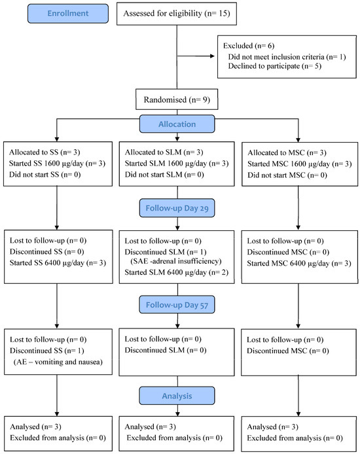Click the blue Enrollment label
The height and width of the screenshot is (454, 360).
click(68, 13)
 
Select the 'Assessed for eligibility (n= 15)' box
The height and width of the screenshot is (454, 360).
click(177, 14)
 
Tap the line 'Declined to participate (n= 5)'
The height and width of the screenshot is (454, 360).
click(274, 66)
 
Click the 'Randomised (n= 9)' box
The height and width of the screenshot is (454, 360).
click(177, 99)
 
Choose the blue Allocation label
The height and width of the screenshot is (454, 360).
click(177, 124)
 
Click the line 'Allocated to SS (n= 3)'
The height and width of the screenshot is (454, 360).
click(45, 152)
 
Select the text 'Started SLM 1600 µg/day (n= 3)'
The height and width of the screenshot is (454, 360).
click(177, 164)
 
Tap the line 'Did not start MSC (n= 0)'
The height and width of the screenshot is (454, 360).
click(287, 175)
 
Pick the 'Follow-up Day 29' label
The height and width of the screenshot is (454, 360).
click(177, 208)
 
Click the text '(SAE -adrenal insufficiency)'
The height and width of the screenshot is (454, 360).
click(176, 261)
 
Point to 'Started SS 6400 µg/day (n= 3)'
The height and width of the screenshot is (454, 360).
click(58, 263)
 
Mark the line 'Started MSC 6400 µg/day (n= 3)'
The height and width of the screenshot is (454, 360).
click(299, 264)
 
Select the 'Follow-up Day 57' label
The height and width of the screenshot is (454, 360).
click(177, 305)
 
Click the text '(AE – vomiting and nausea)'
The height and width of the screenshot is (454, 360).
click(58, 362)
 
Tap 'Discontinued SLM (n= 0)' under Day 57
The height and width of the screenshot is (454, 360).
click(166, 351)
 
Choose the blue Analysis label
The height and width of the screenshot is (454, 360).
click(177, 396)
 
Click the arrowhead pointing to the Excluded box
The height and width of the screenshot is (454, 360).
click(212, 56)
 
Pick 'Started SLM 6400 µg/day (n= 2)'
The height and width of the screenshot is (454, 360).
click(177, 272)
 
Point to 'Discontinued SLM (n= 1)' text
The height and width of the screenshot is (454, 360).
click(166, 253)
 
